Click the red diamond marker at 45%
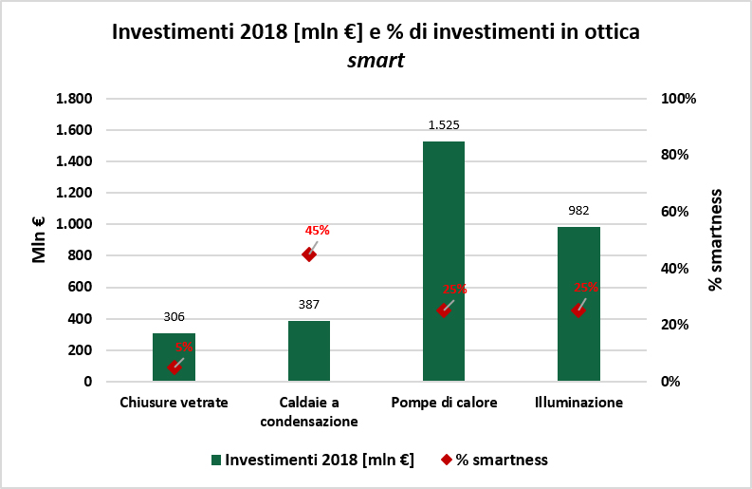point(308,254)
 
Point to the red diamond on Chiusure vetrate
point(174,367)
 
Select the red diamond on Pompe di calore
point(443,310)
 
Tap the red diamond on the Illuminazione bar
point(578,310)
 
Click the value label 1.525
point(443,124)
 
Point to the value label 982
point(578,210)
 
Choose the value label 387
point(308,304)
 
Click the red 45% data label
point(317,230)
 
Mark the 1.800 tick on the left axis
point(74,99)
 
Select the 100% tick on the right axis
point(678,99)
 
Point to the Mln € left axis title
point(40,239)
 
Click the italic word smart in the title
point(376,61)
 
